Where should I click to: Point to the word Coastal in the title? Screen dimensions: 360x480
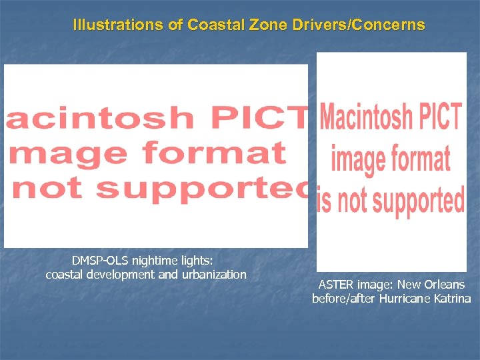(x=211, y=25)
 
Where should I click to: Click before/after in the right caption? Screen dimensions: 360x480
(x=344, y=299)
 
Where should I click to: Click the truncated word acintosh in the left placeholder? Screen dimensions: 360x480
(x=100, y=119)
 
